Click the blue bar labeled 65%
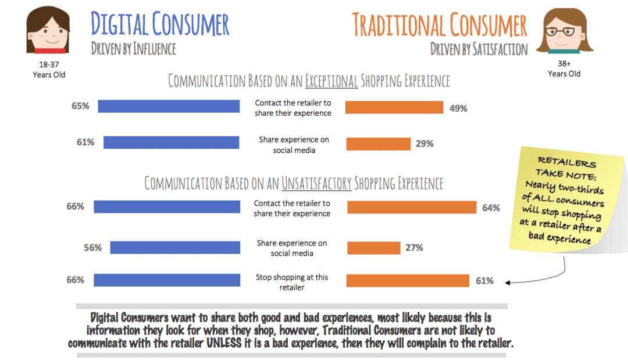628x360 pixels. (169, 106)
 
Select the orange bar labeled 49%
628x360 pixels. (394, 108)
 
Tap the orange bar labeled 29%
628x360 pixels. (379, 143)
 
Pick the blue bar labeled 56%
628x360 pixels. (175, 248)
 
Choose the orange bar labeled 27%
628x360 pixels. (373, 248)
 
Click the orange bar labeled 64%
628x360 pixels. (412, 208)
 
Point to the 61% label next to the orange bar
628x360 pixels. (484, 281)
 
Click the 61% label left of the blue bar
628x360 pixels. (85, 142)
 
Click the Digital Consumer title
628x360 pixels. (160, 24)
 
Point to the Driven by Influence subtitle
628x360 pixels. (133, 49)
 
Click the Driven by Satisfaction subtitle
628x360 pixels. (479, 49)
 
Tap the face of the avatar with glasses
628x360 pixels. (563, 32)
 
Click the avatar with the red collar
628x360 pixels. (48, 33)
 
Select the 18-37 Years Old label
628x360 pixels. (49, 70)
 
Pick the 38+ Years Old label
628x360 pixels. (564, 69)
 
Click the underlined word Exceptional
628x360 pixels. (332, 81)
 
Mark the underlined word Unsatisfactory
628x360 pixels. (317, 184)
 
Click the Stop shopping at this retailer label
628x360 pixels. (292, 282)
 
